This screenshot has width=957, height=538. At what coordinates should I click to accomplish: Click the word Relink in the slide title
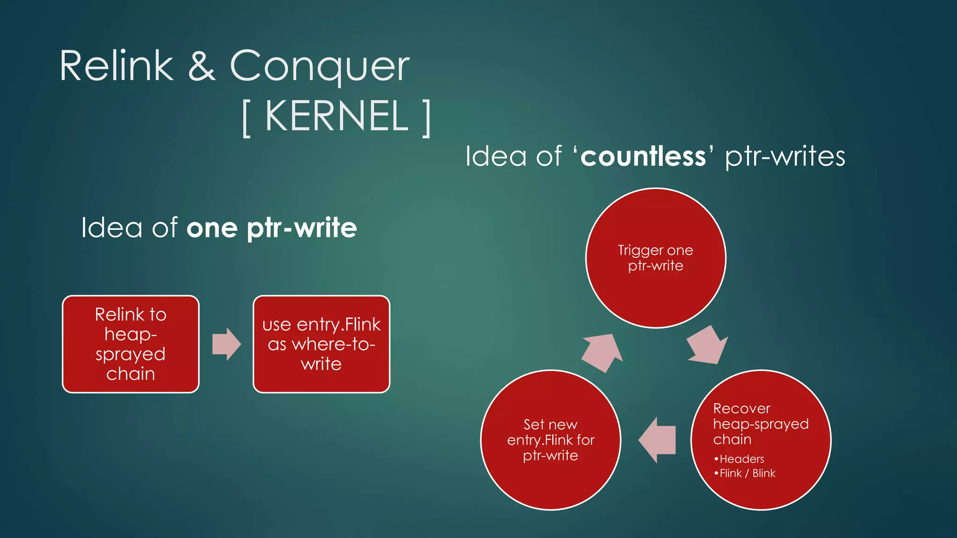[x=116, y=67]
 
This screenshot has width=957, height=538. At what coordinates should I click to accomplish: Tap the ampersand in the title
[x=201, y=67]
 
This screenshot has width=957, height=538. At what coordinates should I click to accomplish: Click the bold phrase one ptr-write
[x=271, y=228]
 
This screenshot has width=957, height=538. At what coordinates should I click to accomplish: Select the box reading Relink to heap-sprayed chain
[x=131, y=344]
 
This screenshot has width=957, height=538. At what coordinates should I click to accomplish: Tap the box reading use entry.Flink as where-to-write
[x=321, y=344]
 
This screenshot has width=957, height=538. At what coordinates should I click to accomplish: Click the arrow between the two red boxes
[x=226, y=344]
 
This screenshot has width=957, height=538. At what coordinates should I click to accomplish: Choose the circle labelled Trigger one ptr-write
[x=656, y=258]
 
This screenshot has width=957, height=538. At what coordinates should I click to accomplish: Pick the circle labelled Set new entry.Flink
[x=550, y=440]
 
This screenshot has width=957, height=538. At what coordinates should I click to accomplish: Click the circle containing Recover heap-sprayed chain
[x=761, y=440]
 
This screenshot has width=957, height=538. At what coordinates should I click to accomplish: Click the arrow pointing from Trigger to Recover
[x=707, y=345]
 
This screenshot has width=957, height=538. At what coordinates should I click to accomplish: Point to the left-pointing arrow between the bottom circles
[x=657, y=440]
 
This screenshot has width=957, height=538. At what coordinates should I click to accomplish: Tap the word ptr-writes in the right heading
[x=785, y=157]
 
